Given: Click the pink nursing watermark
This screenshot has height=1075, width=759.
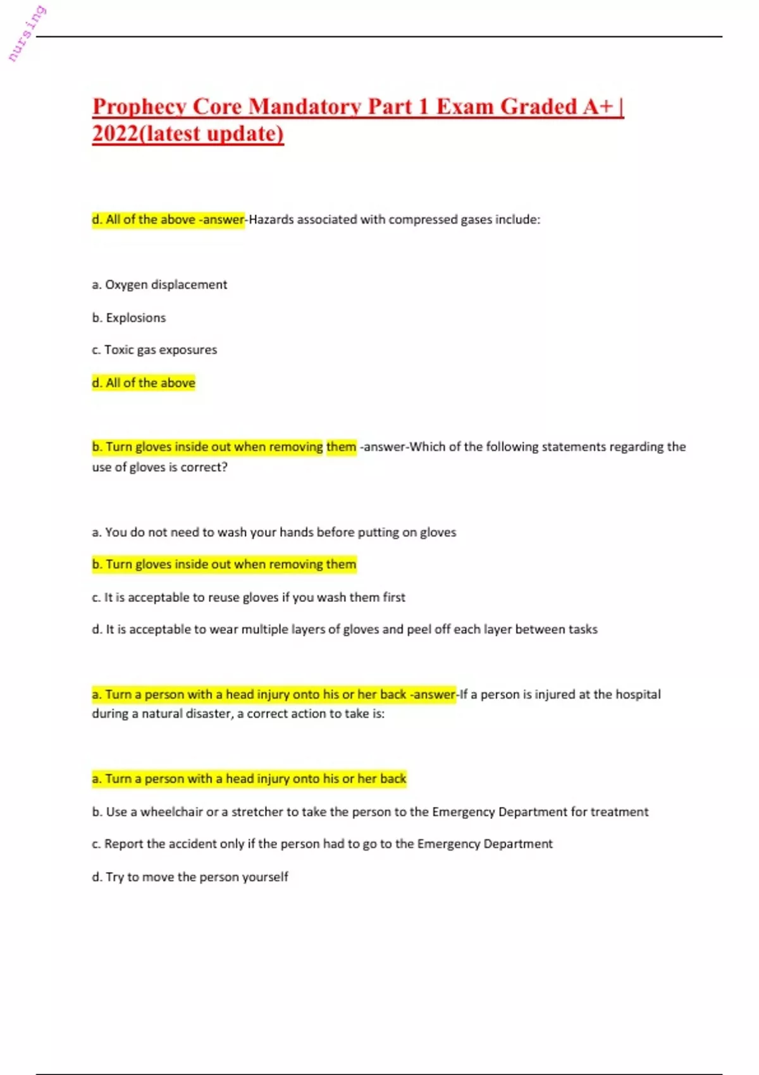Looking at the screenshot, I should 27,34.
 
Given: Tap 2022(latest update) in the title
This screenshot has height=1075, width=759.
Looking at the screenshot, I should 188,134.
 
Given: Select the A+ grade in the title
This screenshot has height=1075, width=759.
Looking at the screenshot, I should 598,107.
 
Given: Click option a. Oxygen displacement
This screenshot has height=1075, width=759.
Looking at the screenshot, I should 159,285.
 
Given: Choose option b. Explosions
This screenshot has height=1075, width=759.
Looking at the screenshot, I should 129,317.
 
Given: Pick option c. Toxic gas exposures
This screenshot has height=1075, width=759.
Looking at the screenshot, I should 154,350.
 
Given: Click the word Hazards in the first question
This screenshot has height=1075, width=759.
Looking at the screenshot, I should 271,219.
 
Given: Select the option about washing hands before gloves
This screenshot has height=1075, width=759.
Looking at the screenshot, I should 274,532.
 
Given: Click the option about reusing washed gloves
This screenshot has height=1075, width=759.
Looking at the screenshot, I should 249,597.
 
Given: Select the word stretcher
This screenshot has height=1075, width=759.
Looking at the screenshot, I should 257,812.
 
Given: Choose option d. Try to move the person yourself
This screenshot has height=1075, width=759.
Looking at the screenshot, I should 190,877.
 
